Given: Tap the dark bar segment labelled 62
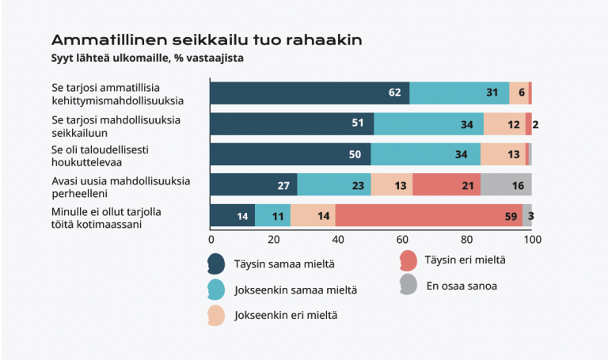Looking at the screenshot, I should coord(310,93).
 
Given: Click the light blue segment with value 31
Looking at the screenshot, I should coord(459,93).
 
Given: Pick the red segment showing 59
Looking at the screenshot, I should coord(428,215).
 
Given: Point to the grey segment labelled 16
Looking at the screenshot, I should coord(506,184).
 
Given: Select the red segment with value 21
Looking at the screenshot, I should coord(446,184).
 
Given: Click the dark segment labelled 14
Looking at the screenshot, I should coord(233,215).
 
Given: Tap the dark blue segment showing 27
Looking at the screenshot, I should coord(253,184).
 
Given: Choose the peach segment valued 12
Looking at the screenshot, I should coord(503,123).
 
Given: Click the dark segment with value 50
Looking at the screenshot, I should coord(291,154).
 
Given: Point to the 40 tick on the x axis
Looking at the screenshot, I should coord(339,238).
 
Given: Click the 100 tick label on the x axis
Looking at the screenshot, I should coord(531,238).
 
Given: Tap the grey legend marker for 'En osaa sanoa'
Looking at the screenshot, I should coord(408,285).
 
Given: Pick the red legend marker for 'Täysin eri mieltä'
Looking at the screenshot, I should coord(408,260).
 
